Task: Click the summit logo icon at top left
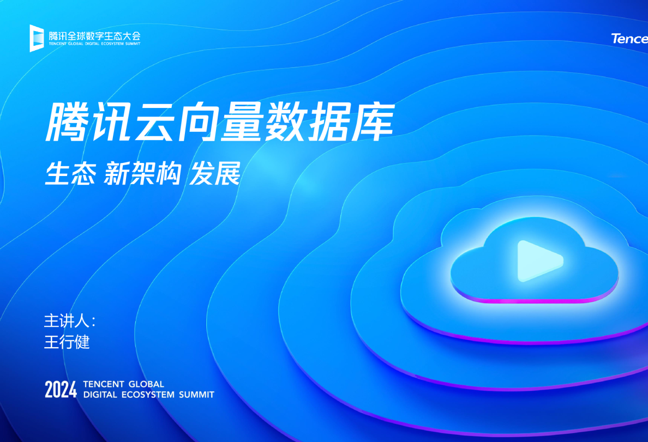tap(37, 38)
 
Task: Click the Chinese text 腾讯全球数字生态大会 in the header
tap(94, 35)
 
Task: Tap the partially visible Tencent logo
tap(629, 39)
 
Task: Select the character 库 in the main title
tap(373, 124)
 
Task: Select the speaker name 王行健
tap(67, 342)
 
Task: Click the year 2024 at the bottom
tap(61, 390)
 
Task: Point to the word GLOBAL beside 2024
tap(146, 384)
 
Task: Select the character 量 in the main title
tap(243, 124)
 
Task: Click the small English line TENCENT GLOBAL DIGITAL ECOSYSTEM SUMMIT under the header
tap(94, 44)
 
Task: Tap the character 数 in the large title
tap(286, 124)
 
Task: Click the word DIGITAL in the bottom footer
tap(100, 395)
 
